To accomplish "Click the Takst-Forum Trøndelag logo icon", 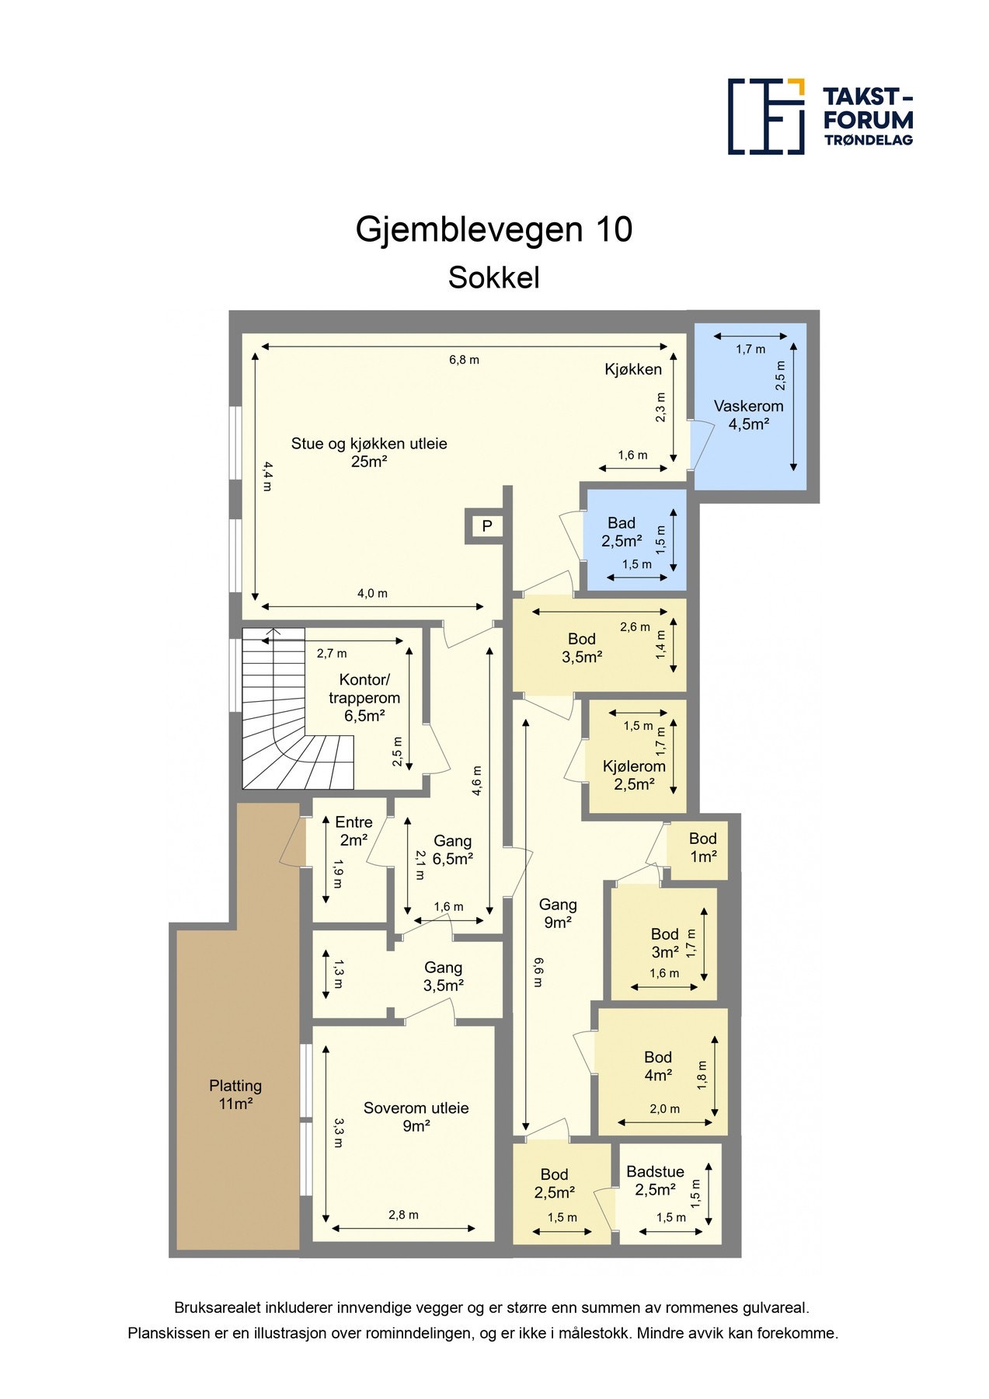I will click(765, 116).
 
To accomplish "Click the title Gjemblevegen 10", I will click(493, 230).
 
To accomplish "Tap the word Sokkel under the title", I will click(493, 278).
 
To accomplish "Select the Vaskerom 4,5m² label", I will click(748, 415).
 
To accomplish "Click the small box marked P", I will click(486, 526).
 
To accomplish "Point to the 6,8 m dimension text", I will click(464, 360).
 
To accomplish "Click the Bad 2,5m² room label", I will click(622, 532).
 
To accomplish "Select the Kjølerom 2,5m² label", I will click(634, 775).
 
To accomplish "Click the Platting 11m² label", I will click(235, 1094).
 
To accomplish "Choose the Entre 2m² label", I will click(353, 831).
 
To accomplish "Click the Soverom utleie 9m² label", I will click(416, 1117).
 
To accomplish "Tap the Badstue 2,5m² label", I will click(655, 1181).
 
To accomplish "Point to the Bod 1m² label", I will click(702, 847).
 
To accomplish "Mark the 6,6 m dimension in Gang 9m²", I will click(538, 972).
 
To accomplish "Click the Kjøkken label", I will click(633, 370).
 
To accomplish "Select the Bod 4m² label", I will click(657, 1066).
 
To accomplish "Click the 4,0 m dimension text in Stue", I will click(372, 594).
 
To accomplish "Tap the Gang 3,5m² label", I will click(443, 976).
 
